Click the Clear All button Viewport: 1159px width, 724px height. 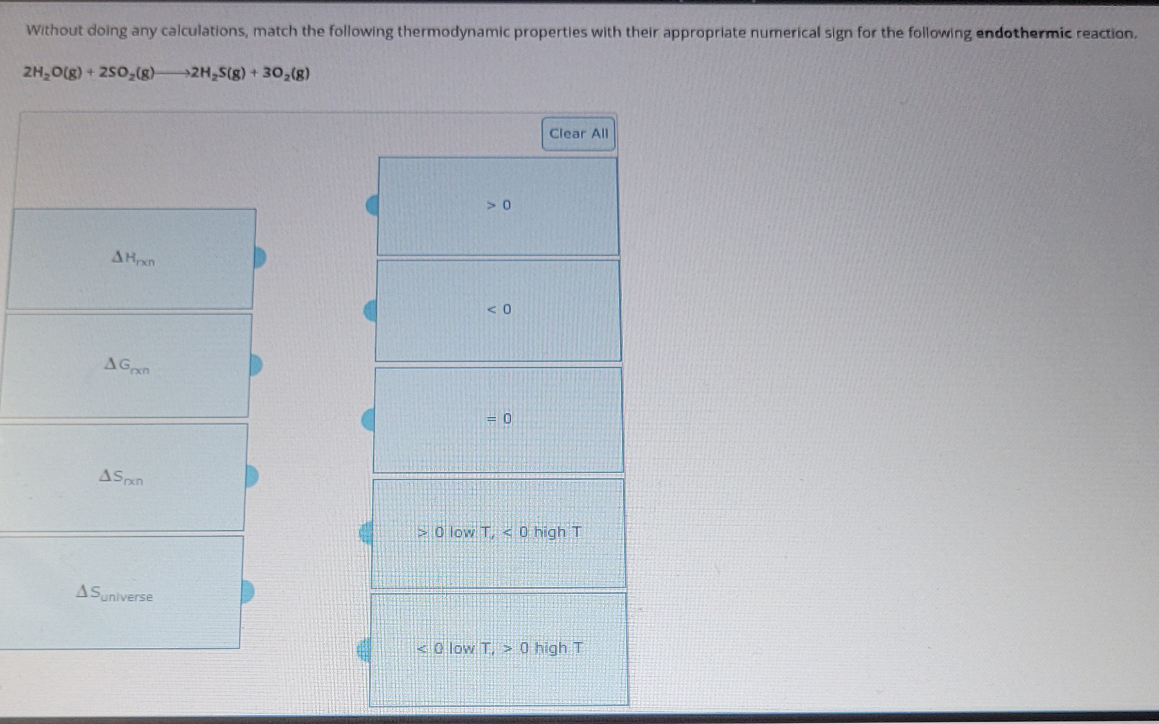click(578, 134)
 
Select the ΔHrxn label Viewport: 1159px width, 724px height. click(133, 259)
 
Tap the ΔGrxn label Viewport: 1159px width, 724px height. click(127, 366)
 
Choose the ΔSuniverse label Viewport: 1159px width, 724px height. click(115, 594)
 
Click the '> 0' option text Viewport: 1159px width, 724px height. click(499, 205)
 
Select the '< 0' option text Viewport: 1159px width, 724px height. click(499, 309)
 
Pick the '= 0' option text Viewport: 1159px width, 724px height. click(499, 419)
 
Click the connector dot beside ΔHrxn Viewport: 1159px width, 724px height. click(259, 258)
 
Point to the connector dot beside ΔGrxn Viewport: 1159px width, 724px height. click(256, 365)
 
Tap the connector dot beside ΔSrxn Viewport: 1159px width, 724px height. click(252, 476)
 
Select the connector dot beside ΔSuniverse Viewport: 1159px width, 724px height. click(247, 591)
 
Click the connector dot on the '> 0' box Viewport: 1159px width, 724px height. click(372, 205)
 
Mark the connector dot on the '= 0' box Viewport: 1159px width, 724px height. click(368, 420)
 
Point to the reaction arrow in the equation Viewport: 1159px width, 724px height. click(173, 73)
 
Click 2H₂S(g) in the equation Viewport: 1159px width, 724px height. click(218, 73)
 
